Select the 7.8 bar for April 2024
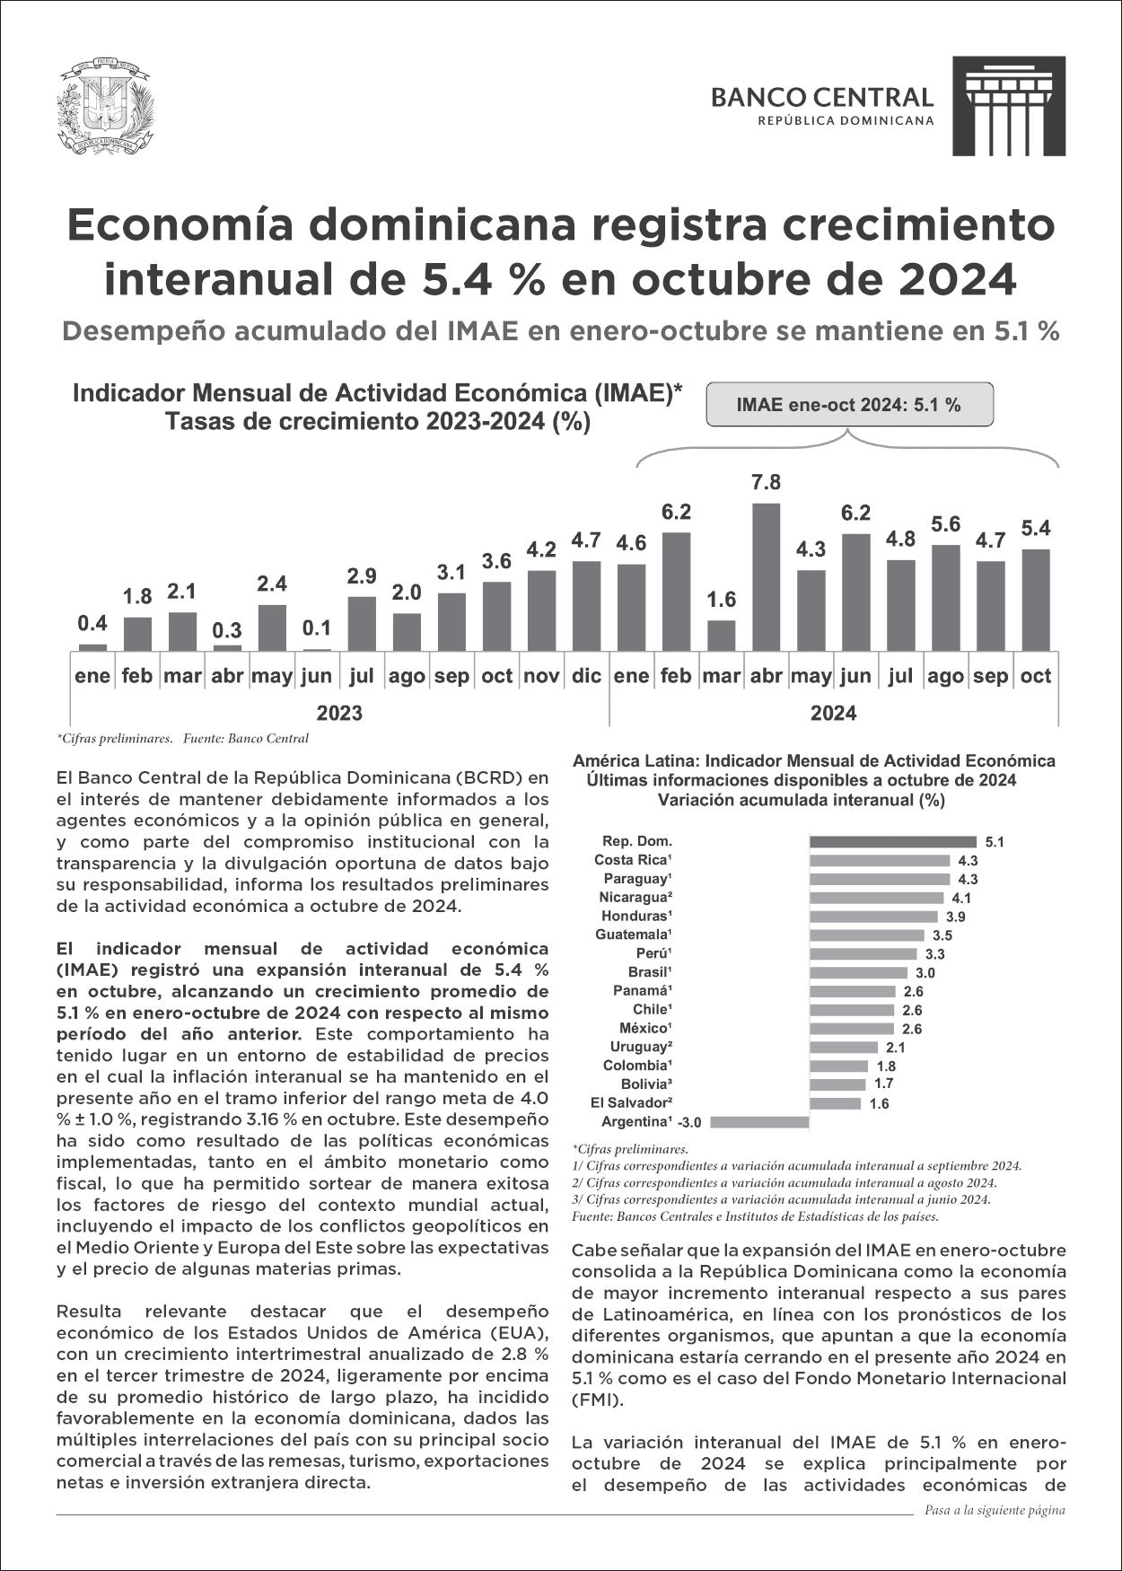point(766,575)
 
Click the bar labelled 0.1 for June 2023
point(317,649)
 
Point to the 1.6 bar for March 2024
point(721,635)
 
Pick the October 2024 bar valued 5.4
point(1035,599)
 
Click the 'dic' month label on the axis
point(586,676)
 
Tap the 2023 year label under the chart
point(339,714)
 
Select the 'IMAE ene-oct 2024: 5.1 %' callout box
point(849,405)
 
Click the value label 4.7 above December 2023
point(586,541)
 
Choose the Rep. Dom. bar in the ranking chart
point(895,842)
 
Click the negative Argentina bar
point(758,1122)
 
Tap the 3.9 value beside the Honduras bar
point(955,917)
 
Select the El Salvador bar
point(835,1103)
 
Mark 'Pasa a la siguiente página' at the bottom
point(995,1510)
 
